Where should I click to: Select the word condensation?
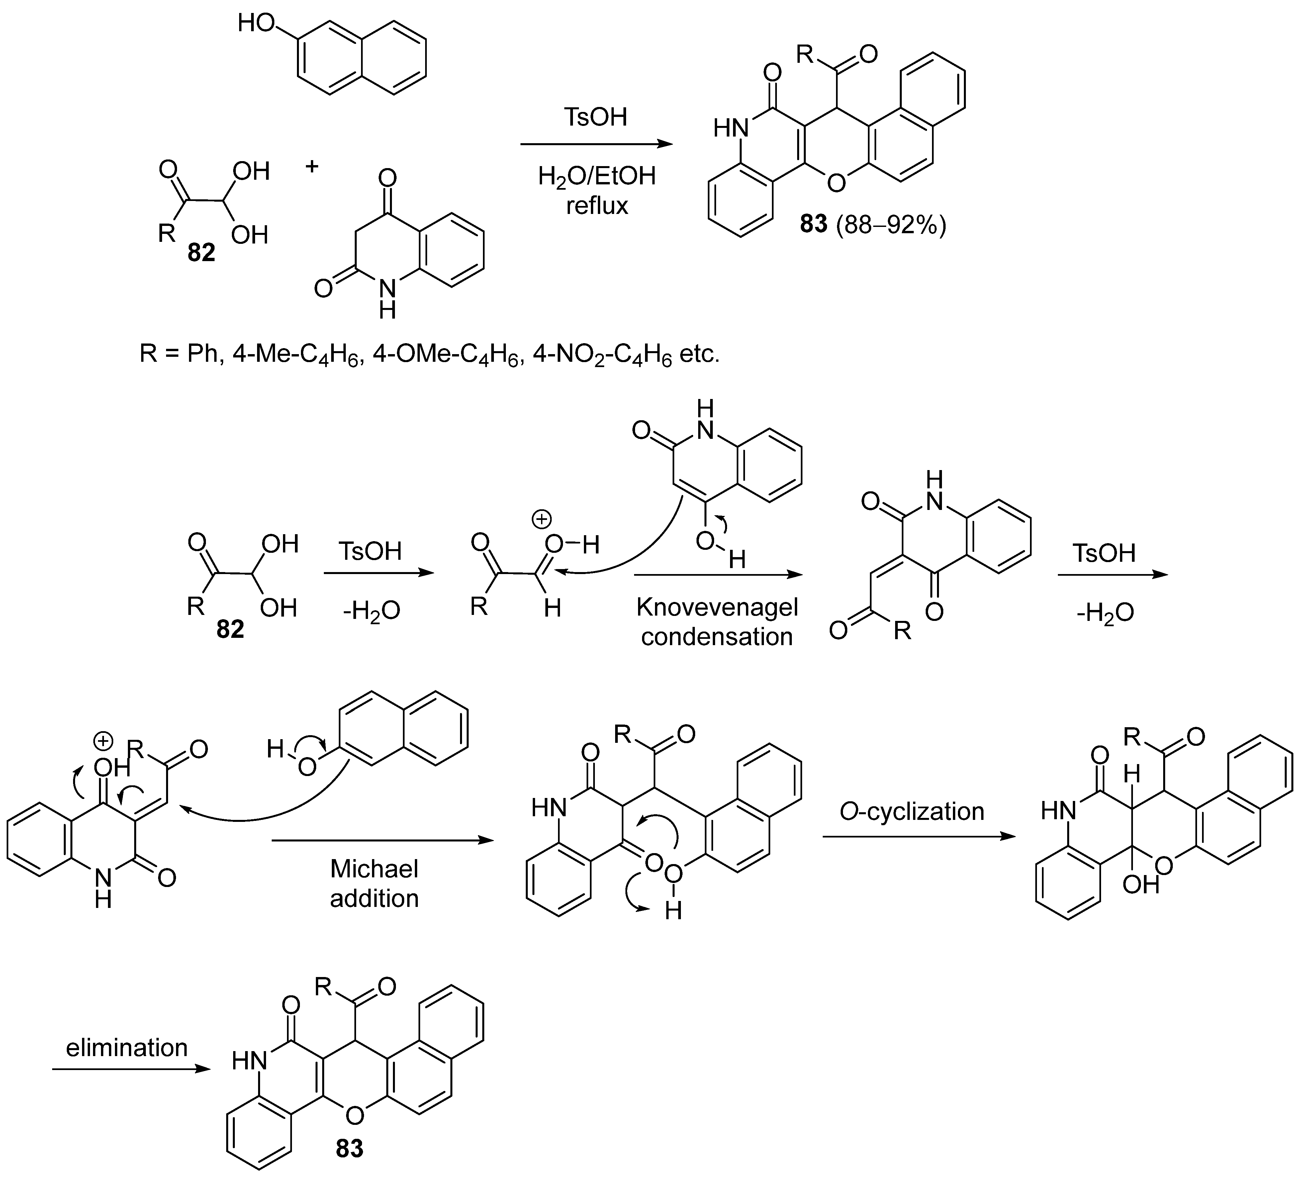pos(717,637)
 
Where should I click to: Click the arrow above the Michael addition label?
pos(381,840)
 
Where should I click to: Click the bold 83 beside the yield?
pos(813,224)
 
